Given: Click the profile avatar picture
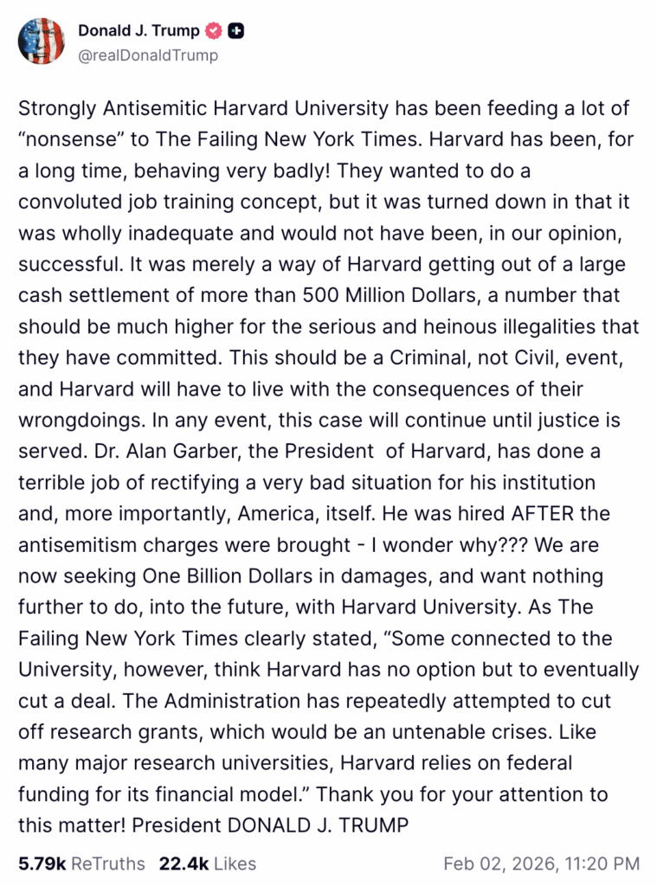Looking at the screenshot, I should [41, 41].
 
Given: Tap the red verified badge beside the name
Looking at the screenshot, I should [214, 31].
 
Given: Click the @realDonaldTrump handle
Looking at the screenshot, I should [148, 55].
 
